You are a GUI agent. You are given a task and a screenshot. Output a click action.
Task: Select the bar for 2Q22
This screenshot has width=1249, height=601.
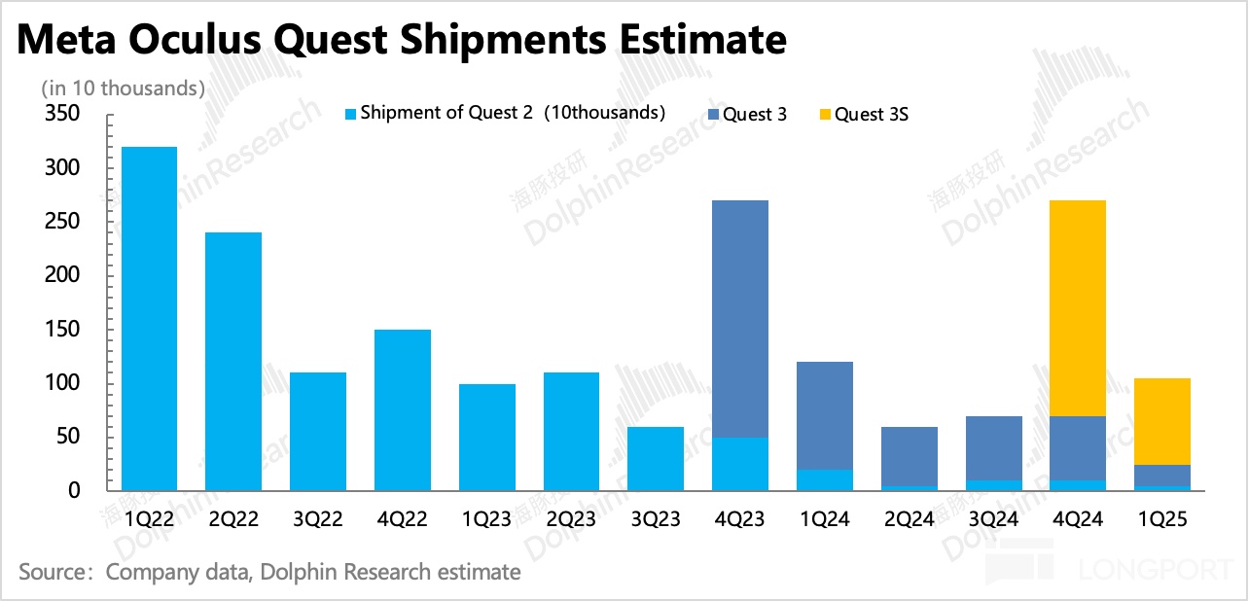click(233, 361)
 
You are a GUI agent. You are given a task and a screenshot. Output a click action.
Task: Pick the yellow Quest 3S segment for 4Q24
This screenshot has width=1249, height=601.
click(1078, 308)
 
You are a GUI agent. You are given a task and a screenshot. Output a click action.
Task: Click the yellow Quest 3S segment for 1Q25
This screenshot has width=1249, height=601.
click(1161, 421)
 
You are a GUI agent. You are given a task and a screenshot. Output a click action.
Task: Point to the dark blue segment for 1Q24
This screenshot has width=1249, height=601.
click(825, 415)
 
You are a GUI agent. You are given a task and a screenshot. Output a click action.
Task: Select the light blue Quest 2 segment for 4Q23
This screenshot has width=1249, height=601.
click(740, 464)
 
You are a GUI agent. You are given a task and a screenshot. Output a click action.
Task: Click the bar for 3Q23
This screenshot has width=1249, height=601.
click(656, 458)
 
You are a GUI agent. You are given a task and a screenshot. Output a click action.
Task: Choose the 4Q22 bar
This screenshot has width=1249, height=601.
click(403, 409)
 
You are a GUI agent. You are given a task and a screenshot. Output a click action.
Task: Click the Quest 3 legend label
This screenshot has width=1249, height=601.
click(756, 115)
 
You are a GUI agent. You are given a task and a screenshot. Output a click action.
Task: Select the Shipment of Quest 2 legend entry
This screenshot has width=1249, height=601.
click(512, 113)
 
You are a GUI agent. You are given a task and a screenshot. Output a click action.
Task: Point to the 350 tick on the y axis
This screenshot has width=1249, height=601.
click(60, 115)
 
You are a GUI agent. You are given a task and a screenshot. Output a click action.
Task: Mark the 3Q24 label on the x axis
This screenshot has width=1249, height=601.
click(993, 520)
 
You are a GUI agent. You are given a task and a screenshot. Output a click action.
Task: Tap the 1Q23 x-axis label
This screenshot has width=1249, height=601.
click(486, 520)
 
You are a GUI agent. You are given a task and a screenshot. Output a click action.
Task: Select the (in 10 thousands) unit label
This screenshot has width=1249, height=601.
click(123, 88)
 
